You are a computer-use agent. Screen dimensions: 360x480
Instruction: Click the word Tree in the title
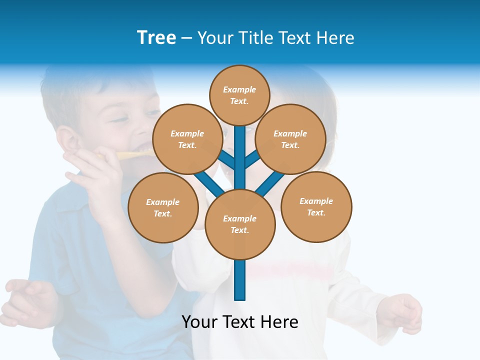156,38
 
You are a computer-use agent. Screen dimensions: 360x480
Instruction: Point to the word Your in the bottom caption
200,322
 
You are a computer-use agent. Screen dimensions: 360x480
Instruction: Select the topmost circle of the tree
239,95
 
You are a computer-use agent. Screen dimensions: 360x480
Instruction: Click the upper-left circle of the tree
187,139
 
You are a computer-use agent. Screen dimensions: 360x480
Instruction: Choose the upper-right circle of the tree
290,139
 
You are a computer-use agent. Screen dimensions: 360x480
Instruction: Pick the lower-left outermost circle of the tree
163,207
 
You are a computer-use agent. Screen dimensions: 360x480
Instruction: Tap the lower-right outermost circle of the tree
316,206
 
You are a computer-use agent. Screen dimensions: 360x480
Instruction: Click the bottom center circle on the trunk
240,224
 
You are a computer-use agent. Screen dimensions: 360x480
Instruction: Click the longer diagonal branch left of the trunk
207,182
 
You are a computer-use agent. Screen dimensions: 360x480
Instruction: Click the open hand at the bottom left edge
27,300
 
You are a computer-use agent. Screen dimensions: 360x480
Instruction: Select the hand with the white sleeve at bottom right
402,312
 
